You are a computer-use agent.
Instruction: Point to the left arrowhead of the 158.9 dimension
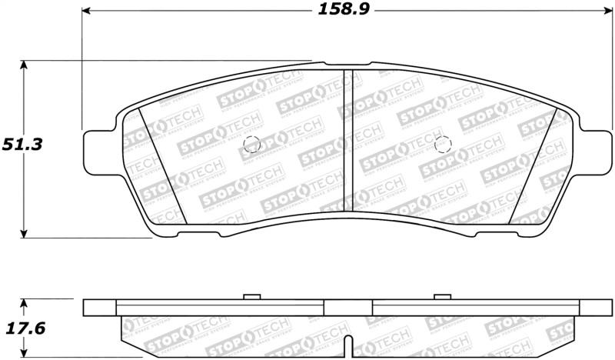(87, 11)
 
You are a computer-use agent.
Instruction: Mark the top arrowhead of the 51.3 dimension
(25, 65)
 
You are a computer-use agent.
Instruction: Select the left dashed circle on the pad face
(251, 144)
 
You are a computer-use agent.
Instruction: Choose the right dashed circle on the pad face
(441, 145)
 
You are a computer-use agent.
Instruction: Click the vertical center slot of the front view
(347, 142)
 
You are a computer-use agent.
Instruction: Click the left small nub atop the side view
(250, 296)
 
